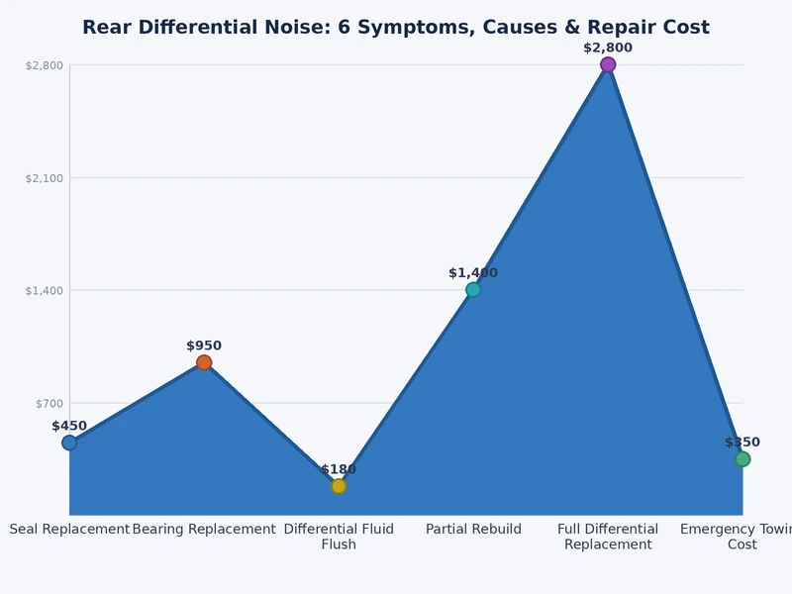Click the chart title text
coord(396,27)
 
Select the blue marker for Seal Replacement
coord(69,443)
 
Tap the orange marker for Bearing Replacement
coord(204,362)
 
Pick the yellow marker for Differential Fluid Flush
coord(339,486)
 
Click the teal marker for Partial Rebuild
coord(473,290)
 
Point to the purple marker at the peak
coord(608,64)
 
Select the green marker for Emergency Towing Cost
coord(742,458)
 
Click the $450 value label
coord(69,426)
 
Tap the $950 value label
coord(204,346)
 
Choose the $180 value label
coord(339,469)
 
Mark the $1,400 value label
coord(473,273)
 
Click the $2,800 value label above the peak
coord(608,48)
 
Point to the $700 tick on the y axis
coord(44,403)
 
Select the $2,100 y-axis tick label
coord(44,178)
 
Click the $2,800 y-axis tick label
coord(44,65)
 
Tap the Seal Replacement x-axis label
coord(69,530)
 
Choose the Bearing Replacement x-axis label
coord(204,530)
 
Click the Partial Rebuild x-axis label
coord(473,530)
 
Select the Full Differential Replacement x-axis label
coord(608,537)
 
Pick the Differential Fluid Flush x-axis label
coord(339,537)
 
